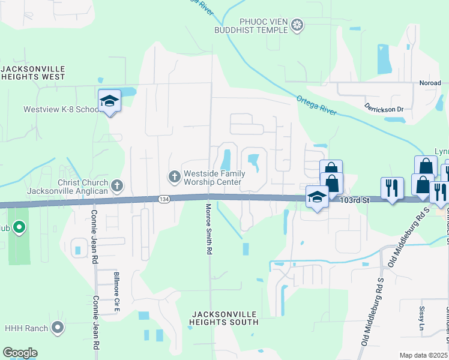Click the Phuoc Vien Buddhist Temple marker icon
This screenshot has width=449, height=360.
(297, 25)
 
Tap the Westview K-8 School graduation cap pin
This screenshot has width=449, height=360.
(110, 101)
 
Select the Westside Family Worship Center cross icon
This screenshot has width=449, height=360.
(174, 176)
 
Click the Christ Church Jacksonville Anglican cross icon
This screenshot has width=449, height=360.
(117, 186)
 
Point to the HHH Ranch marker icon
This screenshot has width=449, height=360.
(58, 328)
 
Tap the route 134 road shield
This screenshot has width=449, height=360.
(164, 199)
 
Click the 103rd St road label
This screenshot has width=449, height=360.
(353, 200)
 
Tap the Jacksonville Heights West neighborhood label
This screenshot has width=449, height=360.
(33, 73)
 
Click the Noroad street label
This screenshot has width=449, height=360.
(430, 83)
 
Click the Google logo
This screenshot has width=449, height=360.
(20, 353)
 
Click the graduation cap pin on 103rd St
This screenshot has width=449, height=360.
(317, 197)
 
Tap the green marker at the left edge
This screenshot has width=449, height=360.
(19, 227)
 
